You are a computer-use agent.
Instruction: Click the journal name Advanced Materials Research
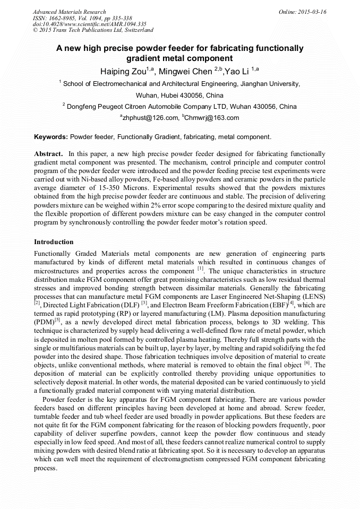click(x=69, y=12)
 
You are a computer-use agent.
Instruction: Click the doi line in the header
click(x=89, y=24)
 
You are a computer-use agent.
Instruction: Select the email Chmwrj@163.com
click(x=212, y=118)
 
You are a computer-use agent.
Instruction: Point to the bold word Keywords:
click(x=51, y=136)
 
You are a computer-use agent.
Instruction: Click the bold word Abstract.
click(x=49, y=153)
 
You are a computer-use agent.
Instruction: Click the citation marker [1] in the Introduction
click(x=200, y=269)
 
